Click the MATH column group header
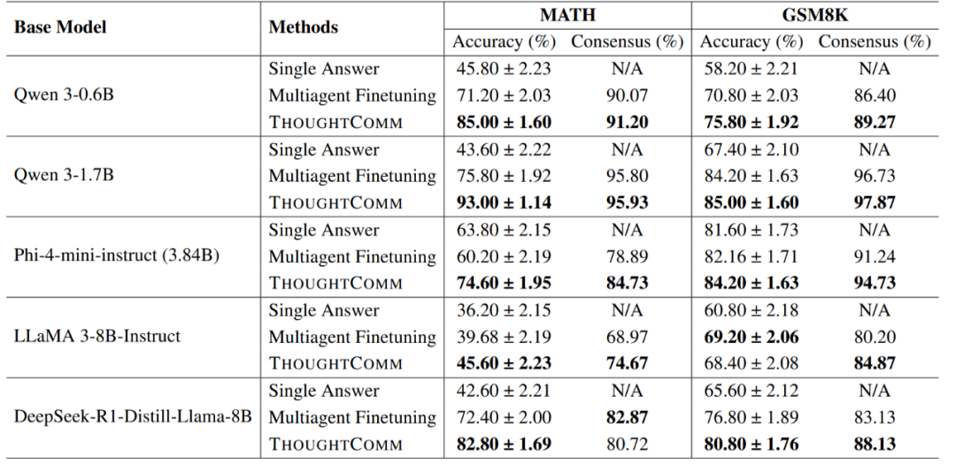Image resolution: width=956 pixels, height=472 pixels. (567, 14)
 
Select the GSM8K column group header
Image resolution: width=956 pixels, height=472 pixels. (815, 14)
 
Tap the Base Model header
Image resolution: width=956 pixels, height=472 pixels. (59, 27)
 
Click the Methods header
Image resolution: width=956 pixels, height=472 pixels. (303, 27)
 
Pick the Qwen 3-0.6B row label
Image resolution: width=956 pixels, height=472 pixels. (64, 95)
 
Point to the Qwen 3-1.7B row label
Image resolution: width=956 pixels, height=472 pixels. (64, 175)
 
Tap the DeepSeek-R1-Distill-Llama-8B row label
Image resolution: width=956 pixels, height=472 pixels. (133, 417)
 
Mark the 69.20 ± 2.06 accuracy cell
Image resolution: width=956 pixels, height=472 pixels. (749, 337)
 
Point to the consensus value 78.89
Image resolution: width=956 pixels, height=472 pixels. (627, 256)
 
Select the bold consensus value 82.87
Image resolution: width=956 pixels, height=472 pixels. (627, 417)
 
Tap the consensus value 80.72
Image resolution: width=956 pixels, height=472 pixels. (627, 444)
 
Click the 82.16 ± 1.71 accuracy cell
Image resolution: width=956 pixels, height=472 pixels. (749, 256)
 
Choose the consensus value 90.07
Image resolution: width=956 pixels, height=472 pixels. (627, 95)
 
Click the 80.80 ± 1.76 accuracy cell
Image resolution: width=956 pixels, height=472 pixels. (749, 444)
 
